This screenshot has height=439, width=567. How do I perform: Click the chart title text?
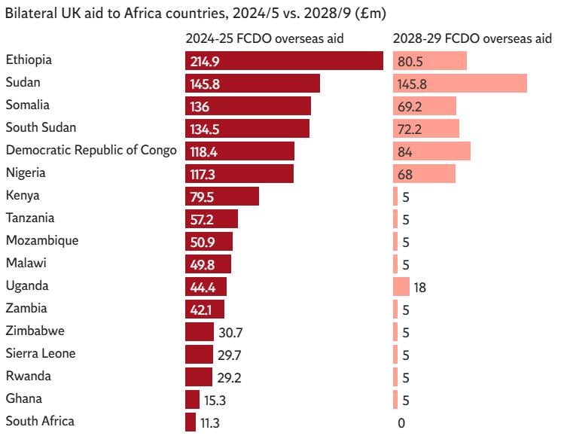(196, 14)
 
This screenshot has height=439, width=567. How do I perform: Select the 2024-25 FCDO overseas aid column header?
(265, 38)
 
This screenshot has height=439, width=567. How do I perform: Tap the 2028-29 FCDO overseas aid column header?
(473, 38)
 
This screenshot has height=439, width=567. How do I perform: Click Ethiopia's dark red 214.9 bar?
(284, 61)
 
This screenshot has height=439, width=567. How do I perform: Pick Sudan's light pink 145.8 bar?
(460, 83)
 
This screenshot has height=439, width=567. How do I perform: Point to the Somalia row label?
(27, 105)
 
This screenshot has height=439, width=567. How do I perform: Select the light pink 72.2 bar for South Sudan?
(426, 128)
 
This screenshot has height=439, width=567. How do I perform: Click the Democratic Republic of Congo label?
(91, 150)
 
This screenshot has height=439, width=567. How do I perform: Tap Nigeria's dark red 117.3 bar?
(239, 174)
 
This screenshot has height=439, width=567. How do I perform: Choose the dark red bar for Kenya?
(222, 196)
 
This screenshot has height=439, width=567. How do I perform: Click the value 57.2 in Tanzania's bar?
(202, 220)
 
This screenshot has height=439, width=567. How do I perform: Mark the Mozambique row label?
(42, 240)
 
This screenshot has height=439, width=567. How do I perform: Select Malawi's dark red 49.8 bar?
(209, 264)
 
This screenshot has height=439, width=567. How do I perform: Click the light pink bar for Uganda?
(401, 286)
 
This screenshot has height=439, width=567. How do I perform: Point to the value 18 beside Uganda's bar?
(420, 288)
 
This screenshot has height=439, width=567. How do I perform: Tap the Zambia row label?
(26, 308)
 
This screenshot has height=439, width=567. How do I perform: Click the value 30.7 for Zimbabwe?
(230, 333)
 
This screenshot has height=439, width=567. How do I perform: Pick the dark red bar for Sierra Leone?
(200, 355)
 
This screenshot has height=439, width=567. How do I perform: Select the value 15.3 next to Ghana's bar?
(215, 401)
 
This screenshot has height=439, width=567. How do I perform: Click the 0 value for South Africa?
(401, 423)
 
